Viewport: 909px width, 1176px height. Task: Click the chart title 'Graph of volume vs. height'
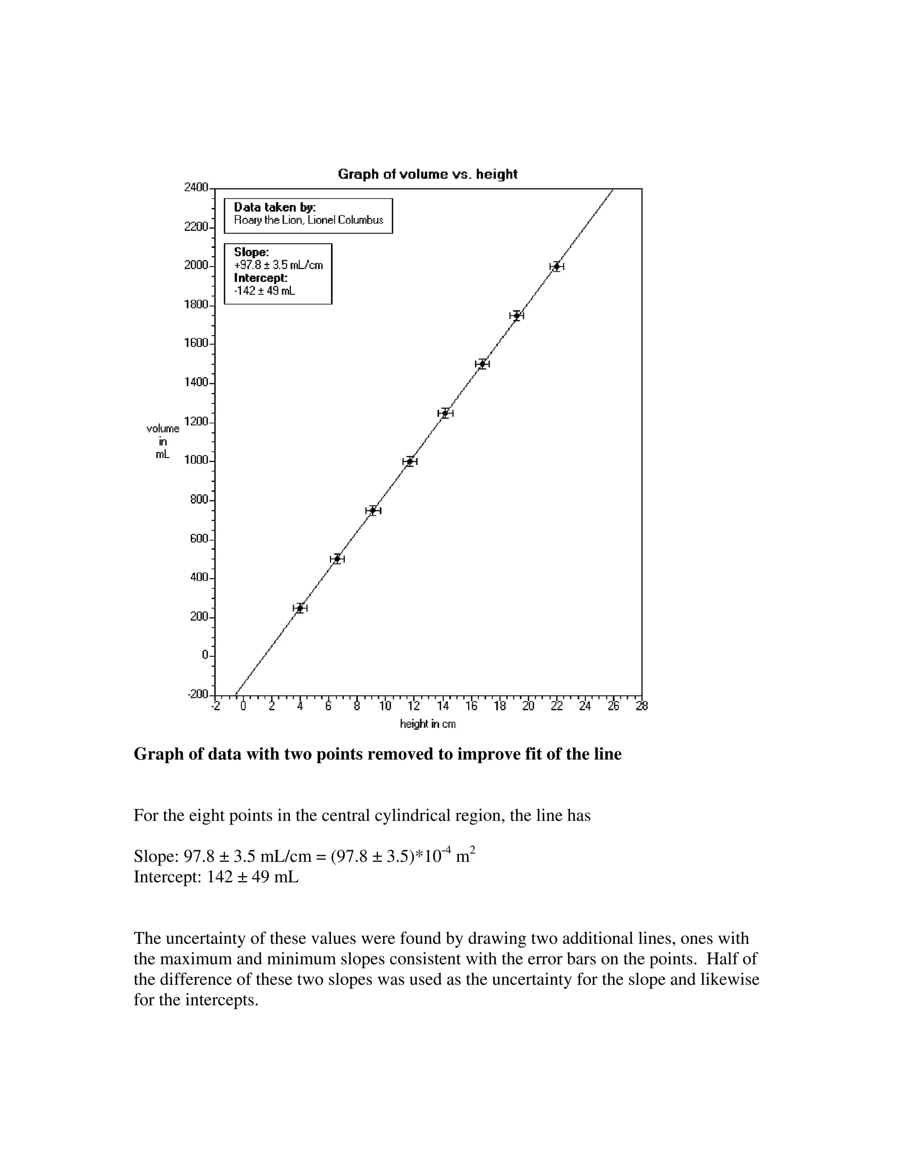coord(427,174)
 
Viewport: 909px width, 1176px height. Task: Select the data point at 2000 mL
coord(556,266)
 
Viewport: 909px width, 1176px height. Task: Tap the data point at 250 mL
coord(300,608)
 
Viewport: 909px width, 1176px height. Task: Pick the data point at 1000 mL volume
coord(410,462)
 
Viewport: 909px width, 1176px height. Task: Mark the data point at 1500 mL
coord(482,364)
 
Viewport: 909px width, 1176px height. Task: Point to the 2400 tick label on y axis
coord(196,187)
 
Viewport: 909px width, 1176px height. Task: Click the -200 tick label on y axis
coord(198,694)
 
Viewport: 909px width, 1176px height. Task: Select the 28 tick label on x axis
coord(641,706)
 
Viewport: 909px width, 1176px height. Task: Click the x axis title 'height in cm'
coord(427,724)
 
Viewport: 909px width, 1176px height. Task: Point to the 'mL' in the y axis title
coord(162,454)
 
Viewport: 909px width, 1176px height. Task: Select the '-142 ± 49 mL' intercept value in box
coord(265,291)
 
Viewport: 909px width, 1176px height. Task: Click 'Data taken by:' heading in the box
coord(275,207)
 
